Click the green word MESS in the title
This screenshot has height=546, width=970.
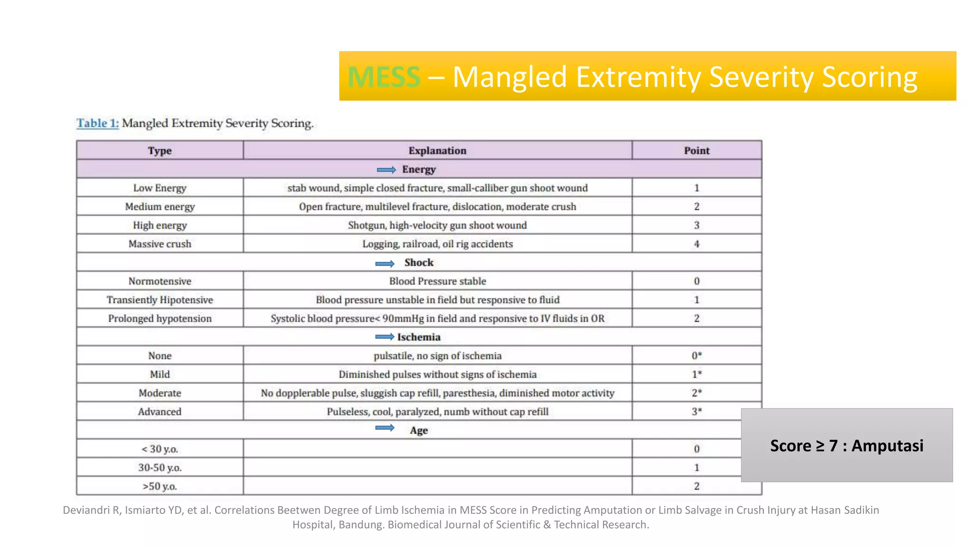pos(384,77)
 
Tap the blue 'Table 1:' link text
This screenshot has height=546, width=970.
pos(98,123)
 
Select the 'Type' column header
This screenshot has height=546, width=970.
pos(160,151)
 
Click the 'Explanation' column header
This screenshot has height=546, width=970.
pos(437,151)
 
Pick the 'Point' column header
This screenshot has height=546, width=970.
pos(696,151)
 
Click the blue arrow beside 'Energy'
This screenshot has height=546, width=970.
pos(386,170)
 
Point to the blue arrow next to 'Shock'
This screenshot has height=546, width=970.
pos(385,264)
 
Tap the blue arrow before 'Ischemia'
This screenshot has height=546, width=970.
pos(385,337)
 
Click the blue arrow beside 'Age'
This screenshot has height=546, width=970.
pos(385,428)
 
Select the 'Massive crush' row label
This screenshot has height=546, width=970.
pos(160,244)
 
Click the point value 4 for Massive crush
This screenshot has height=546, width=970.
pos(696,244)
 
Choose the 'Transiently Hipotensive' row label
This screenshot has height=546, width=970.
pos(160,300)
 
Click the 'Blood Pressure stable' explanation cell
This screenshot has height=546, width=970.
pos(437,281)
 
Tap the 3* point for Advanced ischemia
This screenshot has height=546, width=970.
pos(696,412)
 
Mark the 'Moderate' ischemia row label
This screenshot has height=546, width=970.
pos(160,393)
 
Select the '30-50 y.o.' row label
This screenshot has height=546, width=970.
pos(160,468)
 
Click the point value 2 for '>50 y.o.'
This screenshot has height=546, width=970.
pos(696,486)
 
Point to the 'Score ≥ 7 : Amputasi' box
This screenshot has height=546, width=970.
pos(846,446)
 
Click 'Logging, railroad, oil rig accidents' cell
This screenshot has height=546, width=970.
pos(437,244)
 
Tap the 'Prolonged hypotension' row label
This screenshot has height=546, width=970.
pos(160,318)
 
